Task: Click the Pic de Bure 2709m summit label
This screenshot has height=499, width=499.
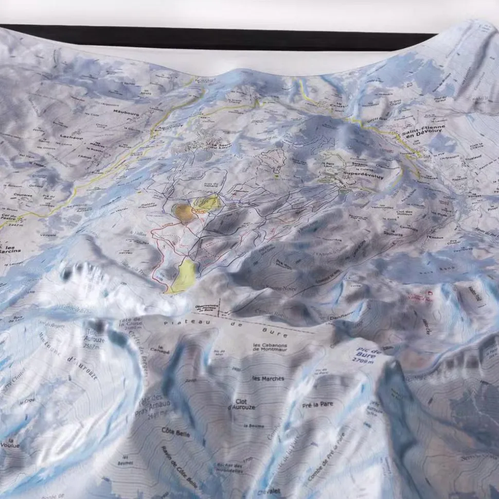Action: (368, 355)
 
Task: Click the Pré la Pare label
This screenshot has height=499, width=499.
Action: (318, 405)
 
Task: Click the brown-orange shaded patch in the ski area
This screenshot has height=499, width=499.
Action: (185, 213)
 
